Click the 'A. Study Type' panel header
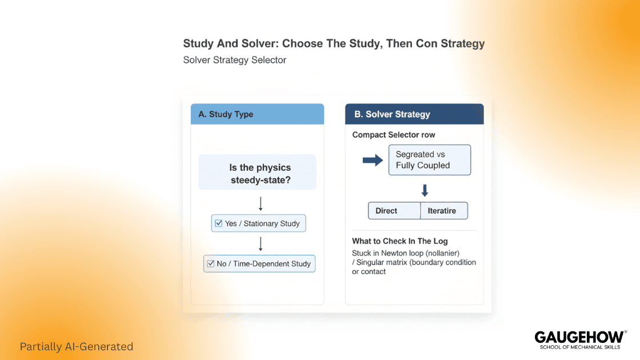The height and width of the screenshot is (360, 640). pos(257,114)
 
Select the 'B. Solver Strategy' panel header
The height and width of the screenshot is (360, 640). pos(414,114)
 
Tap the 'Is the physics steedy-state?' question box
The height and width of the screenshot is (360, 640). pos(257,172)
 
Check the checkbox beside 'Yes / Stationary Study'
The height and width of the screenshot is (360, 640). pos(218,223)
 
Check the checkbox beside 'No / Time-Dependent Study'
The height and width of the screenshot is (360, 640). pos(210,263)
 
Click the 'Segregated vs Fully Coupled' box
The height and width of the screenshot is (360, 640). pos(429,160)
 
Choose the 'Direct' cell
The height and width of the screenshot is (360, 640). pos(394,211)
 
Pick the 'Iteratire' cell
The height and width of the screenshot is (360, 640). pos(444,211)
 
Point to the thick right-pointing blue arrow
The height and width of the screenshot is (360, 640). pos(373,161)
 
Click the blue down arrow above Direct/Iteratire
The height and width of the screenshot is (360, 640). pos(425,190)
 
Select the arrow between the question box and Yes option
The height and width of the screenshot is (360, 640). pos(261,204)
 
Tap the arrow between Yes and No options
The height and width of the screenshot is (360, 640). pos(261,244)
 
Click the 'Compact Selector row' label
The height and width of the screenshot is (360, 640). pos(394,135)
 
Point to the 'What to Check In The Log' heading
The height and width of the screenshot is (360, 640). pos(400,241)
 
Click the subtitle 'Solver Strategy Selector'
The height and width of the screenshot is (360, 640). pos(234,59)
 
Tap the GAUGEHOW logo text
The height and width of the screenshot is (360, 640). pos(579,337)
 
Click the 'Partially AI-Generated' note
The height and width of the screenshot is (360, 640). pos(77,346)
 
